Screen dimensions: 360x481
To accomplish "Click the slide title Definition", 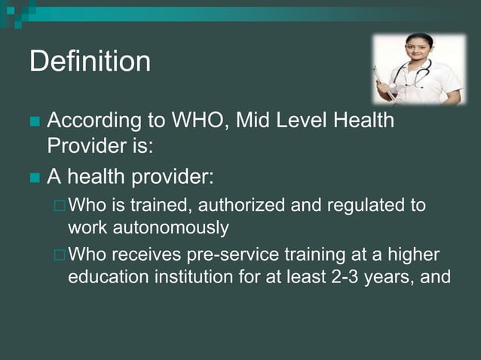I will [x=90, y=62].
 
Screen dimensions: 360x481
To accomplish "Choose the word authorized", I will [x=228, y=206].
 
